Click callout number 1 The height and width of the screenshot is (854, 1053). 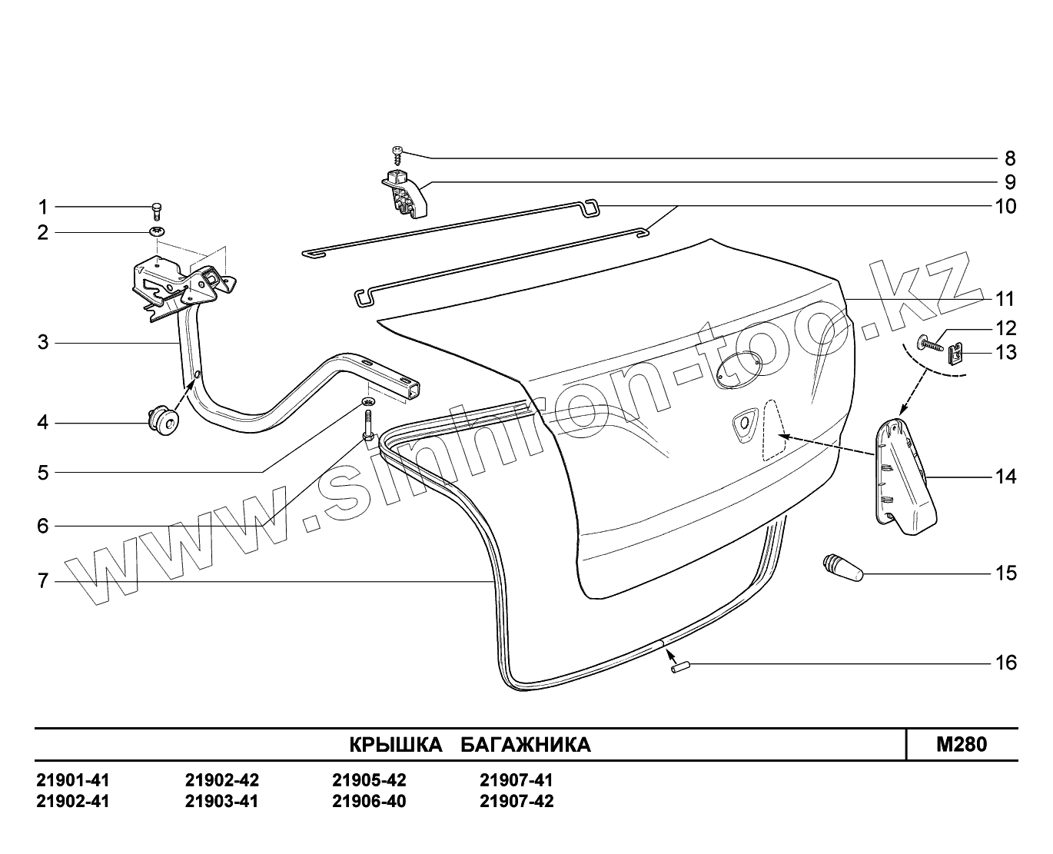(43, 207)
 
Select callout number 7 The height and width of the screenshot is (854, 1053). (43, 580)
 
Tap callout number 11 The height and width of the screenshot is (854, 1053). (1005, 299)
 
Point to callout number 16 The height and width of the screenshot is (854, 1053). (1005, 662)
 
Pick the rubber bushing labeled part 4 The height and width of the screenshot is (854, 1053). (162, 421)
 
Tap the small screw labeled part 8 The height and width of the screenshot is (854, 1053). (398, 154)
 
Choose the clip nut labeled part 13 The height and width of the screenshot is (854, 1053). (955, 354)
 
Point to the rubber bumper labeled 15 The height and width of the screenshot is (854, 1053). (841, 568)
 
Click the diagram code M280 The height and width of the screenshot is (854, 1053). (961, 744)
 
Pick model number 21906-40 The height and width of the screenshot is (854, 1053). (369, 802)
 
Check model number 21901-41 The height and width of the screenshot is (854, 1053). (73, 780)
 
